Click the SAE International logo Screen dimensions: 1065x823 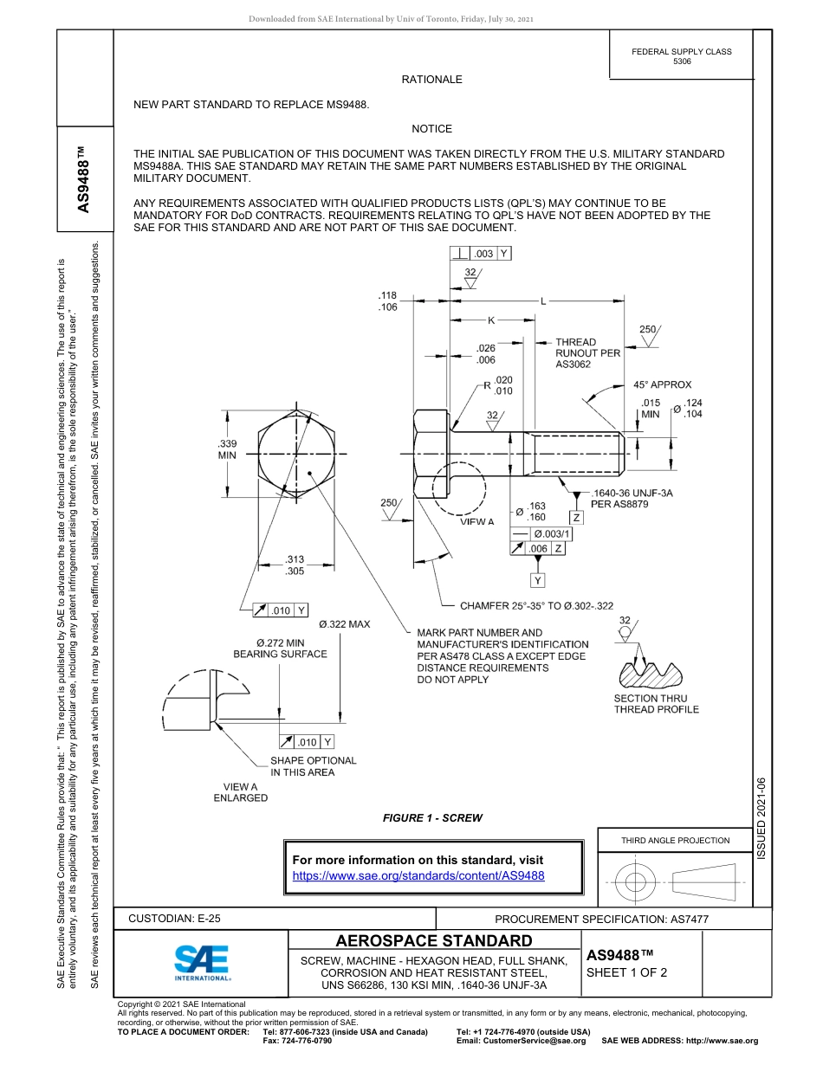click(202, 961)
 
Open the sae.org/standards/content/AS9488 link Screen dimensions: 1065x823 click(418, 875)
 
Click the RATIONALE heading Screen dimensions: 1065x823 click(431, 80)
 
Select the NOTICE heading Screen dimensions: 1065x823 click(431, 129)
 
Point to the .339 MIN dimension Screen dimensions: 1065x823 click(227, 449)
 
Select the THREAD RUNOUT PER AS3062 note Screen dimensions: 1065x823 click(587, 353)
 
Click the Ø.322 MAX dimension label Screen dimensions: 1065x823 click(344, 624)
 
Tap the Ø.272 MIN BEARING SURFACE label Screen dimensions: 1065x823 click(280, 649)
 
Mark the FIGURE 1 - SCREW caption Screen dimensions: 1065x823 click(432, 817)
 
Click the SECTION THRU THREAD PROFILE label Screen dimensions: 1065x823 click(656, 704)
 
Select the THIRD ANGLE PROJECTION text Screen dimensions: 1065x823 click(675, 840)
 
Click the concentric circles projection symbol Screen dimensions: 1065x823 click(636, 882)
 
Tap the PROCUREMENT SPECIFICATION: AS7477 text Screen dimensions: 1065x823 click(601, 920)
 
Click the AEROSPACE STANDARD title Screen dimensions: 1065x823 click(434, 941)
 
